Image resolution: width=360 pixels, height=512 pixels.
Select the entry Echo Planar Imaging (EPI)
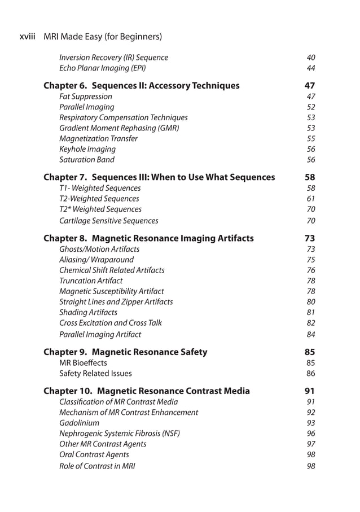[x=102, y=68]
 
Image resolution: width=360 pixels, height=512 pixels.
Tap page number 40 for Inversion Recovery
[x=310, y=58]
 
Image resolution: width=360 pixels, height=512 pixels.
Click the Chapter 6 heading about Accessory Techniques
[x=141, y=86]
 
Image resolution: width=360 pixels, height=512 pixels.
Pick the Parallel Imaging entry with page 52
[x=86, y=107]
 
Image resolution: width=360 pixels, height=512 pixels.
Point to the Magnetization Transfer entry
[x=98, y=139]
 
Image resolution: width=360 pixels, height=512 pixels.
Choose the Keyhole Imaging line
[x=87, y=150]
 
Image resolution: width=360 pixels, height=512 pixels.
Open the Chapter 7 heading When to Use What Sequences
[x=159, y=177]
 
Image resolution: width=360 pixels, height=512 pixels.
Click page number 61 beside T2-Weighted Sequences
[x=310, y=199]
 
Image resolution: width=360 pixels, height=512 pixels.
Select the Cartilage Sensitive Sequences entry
[x=108, y=221]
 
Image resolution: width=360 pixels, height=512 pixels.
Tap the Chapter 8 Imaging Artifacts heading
[x=148, y=238]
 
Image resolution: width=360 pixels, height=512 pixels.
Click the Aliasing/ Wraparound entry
[x=96, y=260]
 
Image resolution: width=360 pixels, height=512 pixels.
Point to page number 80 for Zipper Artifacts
[x=310, y=302]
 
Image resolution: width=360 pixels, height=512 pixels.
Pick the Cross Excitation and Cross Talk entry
[x=110, y=323]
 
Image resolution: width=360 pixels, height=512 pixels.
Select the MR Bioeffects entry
[x=83, y=363]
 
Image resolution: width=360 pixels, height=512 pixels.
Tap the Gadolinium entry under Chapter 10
[x=79, y=423]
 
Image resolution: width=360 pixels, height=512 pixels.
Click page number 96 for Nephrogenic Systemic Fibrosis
[x=310, y=434]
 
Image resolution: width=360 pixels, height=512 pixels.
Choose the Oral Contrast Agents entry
[x=94, y=454]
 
